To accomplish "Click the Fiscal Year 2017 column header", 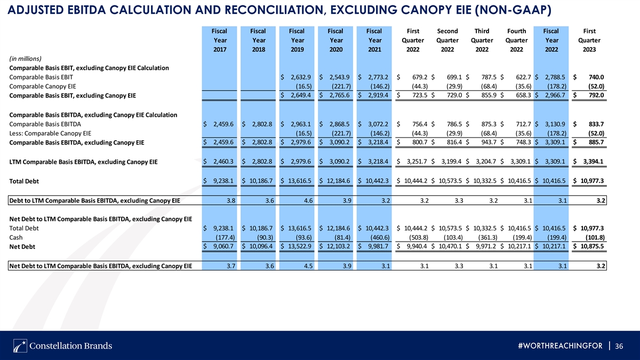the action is click(219, 41).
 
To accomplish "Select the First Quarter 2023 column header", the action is click(589, 41).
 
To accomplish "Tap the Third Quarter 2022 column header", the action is click(482, 41).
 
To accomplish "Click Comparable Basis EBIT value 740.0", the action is click(596, 77).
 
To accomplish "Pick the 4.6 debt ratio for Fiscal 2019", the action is click(308, 201).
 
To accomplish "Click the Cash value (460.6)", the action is click(380, 237).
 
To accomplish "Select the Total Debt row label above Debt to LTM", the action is click(24, 181).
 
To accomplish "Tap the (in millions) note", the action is click(26, 59).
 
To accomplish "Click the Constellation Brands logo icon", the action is click(20, 346).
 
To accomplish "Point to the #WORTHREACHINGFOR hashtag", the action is click(560, 346).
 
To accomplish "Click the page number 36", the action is click(619, 346).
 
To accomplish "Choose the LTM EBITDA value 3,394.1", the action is click(593, 162).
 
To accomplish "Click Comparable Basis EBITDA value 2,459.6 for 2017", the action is click(223, 124).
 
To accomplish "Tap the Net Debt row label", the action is click(22, 246).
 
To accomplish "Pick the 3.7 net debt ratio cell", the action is click(231, 266).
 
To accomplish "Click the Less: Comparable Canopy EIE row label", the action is click(50, 133).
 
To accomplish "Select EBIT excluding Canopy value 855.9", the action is click(489, 95).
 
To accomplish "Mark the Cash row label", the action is click(15, 237).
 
